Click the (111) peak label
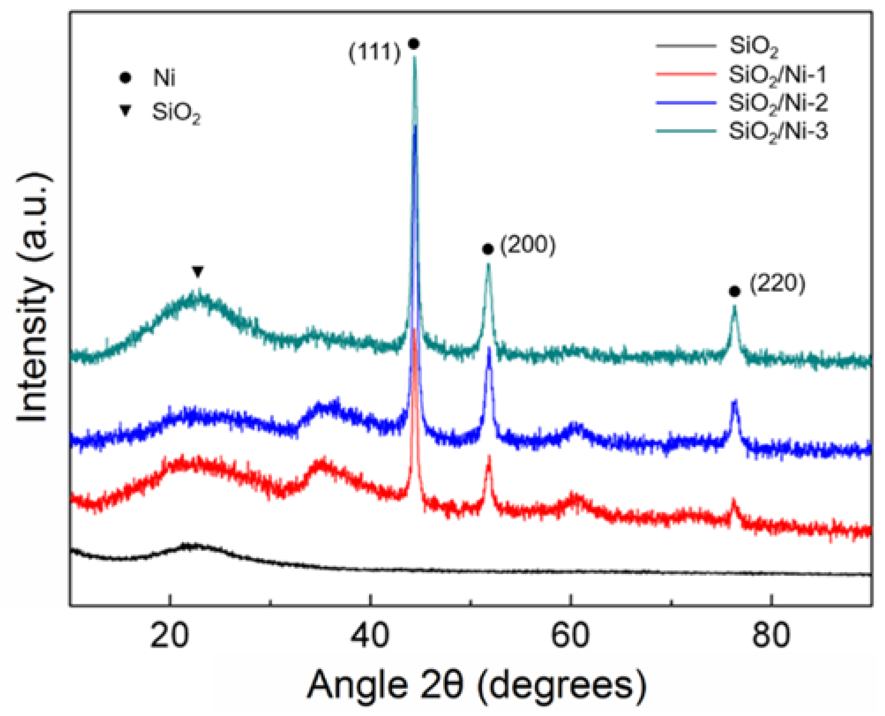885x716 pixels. [x=374, y=52]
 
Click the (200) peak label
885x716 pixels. [x=528, y=245]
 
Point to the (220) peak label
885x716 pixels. [x=777, y=283]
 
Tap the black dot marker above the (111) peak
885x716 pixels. [x=414, y=44]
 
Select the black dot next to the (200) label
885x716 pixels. [x=488, y=249]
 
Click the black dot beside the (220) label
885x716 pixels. [x=734, y=292]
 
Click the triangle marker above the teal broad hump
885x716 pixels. [x=198, y=272]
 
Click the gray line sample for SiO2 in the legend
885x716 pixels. [x=686, y=46]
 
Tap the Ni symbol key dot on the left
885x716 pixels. [x=125, y=78]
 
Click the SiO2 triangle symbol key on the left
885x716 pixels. [x=126, y=110]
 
